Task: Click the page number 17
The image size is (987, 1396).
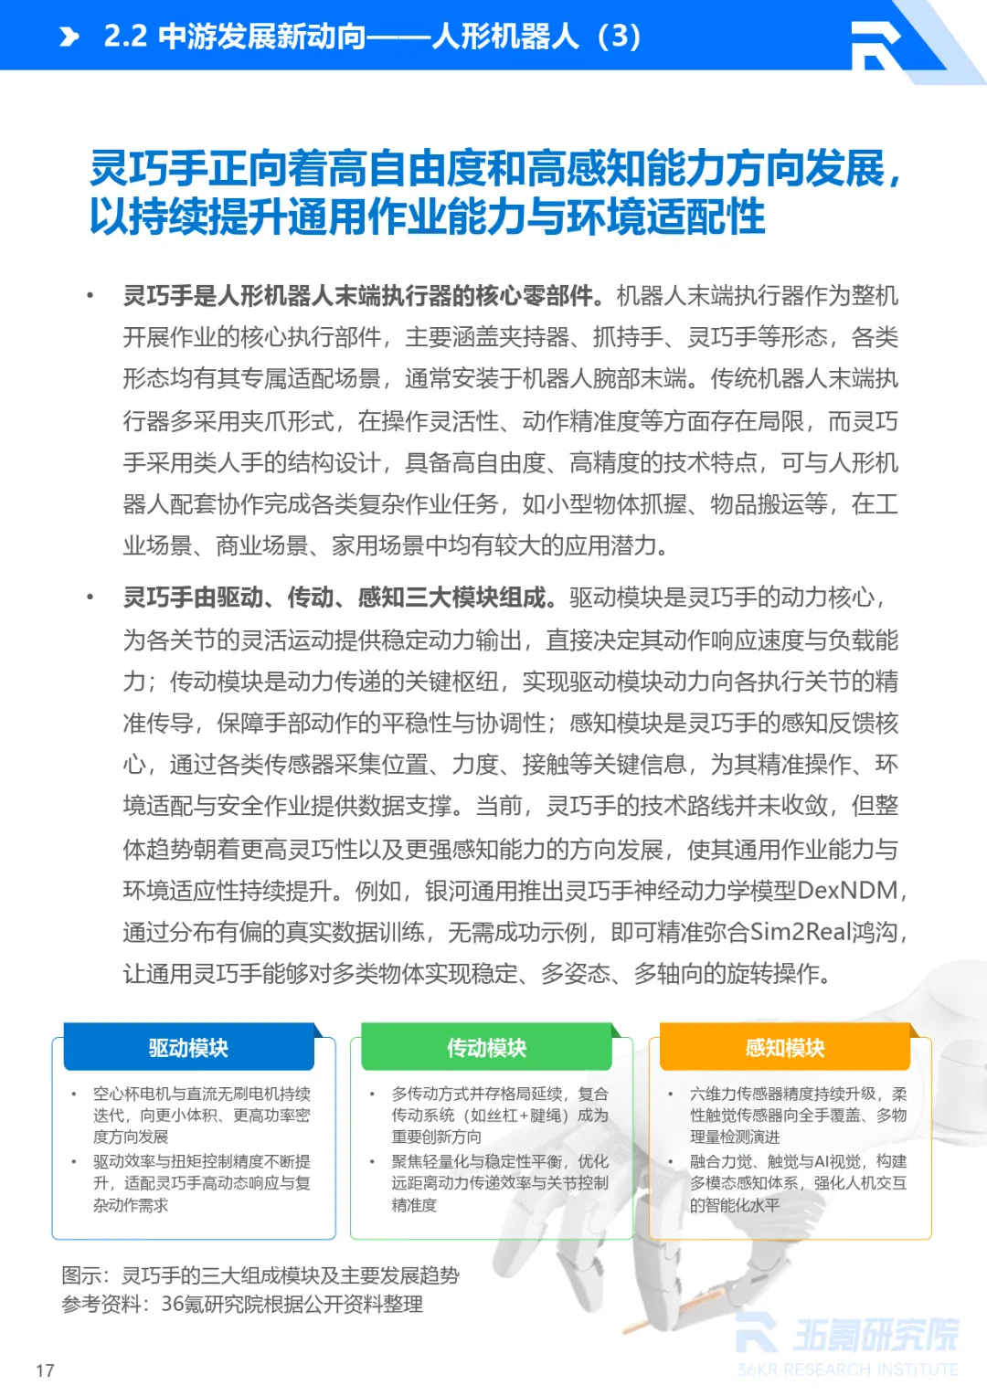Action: tap(45, 1370)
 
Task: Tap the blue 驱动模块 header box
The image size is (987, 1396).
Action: tap(188, 1047)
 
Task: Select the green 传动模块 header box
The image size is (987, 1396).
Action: tap(486, 1047)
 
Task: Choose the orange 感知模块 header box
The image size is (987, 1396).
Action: tap(784, 1047)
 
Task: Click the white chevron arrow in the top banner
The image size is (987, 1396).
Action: tap(69, 37)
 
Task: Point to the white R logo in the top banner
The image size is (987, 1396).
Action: tap(876, 44)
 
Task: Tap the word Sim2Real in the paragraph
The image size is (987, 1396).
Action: tap(800, 932)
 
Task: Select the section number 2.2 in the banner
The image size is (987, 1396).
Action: tap(125, 37)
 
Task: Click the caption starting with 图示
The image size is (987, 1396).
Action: tap(260, 1275)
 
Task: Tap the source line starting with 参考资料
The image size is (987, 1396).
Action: tap(242, 1304)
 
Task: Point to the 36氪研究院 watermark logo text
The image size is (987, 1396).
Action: tap(875, 1335)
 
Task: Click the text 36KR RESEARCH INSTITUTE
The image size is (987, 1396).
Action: tap(847, 1370)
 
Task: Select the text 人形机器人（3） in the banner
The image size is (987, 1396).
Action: tap(536, 37)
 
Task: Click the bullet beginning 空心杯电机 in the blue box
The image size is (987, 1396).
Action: tap(201, 1115)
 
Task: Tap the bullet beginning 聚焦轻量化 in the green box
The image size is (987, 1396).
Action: tap(499, 1183)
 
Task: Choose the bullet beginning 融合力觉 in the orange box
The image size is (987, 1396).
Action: tap(798, 1183)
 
